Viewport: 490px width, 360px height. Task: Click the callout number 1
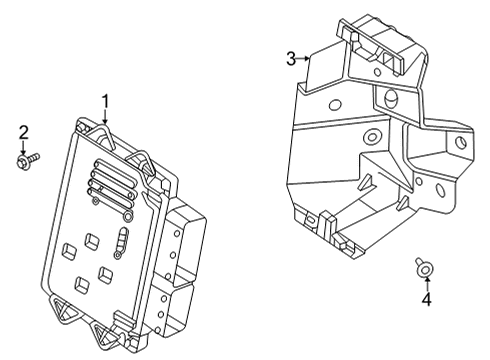105,101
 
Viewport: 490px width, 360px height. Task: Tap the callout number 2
24,132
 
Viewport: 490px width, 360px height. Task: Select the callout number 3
291,60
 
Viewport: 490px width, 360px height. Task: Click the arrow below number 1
105,117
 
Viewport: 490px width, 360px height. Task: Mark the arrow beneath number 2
24,146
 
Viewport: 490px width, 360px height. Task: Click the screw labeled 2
27,158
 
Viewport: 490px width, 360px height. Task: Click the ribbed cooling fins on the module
109,182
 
